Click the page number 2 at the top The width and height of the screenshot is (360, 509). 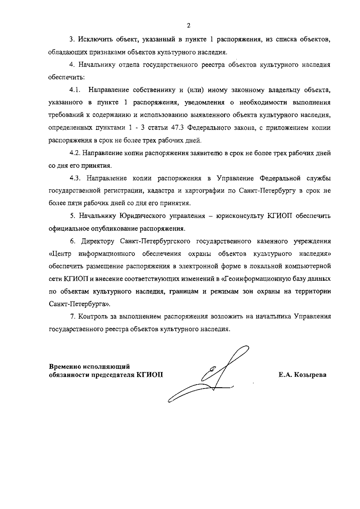pos(188,25)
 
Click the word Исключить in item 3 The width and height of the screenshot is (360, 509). pos(91,40)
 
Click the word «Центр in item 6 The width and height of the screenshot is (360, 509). pos(60,254)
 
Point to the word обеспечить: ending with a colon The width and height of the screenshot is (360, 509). pos(67,77)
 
